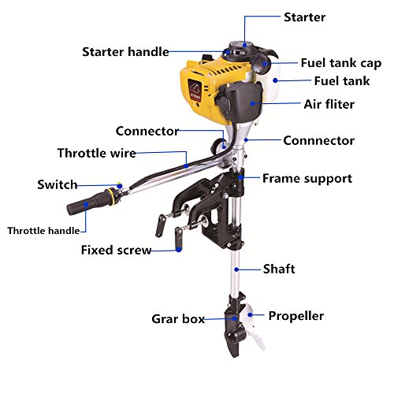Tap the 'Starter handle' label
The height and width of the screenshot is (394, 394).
(x=125, y=52)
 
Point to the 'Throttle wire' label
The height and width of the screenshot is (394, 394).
(x=97, y=153)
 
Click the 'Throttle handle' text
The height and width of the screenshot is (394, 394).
(x=43, y=231)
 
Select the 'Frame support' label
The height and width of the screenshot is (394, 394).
(x=307, y=178)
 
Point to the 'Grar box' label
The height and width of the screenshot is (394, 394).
(x=178, y=319)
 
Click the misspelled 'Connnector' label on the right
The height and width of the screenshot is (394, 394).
(x=318, y=140)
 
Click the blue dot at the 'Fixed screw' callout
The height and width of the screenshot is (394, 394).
(x=180, y=251)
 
